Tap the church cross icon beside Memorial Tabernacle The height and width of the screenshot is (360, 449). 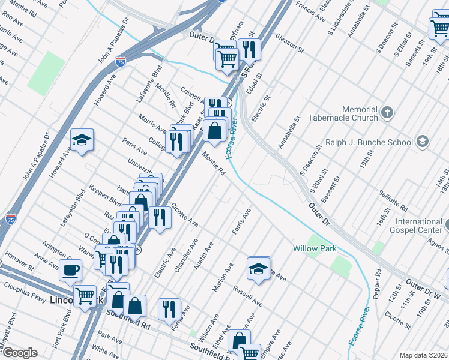click(387, 112)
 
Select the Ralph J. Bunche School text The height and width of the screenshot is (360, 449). click(369, 142)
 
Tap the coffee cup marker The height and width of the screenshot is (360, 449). click(71, 270)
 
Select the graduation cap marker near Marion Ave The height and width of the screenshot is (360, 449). click(258, 268)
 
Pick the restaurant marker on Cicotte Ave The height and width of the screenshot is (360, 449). click(159, 217)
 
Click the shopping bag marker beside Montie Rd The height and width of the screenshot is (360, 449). click(214, 130)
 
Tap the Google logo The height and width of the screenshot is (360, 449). click(19, 353)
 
